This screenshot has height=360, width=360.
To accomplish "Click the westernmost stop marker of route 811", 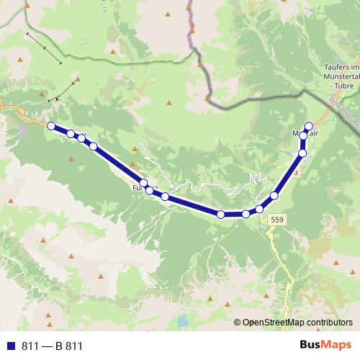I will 51,126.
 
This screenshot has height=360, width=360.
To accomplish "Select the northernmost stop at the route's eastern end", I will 310,125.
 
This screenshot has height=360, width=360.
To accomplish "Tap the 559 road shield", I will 277,219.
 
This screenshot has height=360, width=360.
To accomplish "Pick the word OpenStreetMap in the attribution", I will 275,323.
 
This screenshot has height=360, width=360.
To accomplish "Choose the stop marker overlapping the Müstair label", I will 304,135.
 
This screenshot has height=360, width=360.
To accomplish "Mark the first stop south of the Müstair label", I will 302,153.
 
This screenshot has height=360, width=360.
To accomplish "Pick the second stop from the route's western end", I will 71,134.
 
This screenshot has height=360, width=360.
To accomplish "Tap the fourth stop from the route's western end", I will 94,146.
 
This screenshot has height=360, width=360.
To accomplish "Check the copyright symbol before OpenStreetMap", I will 238,323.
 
